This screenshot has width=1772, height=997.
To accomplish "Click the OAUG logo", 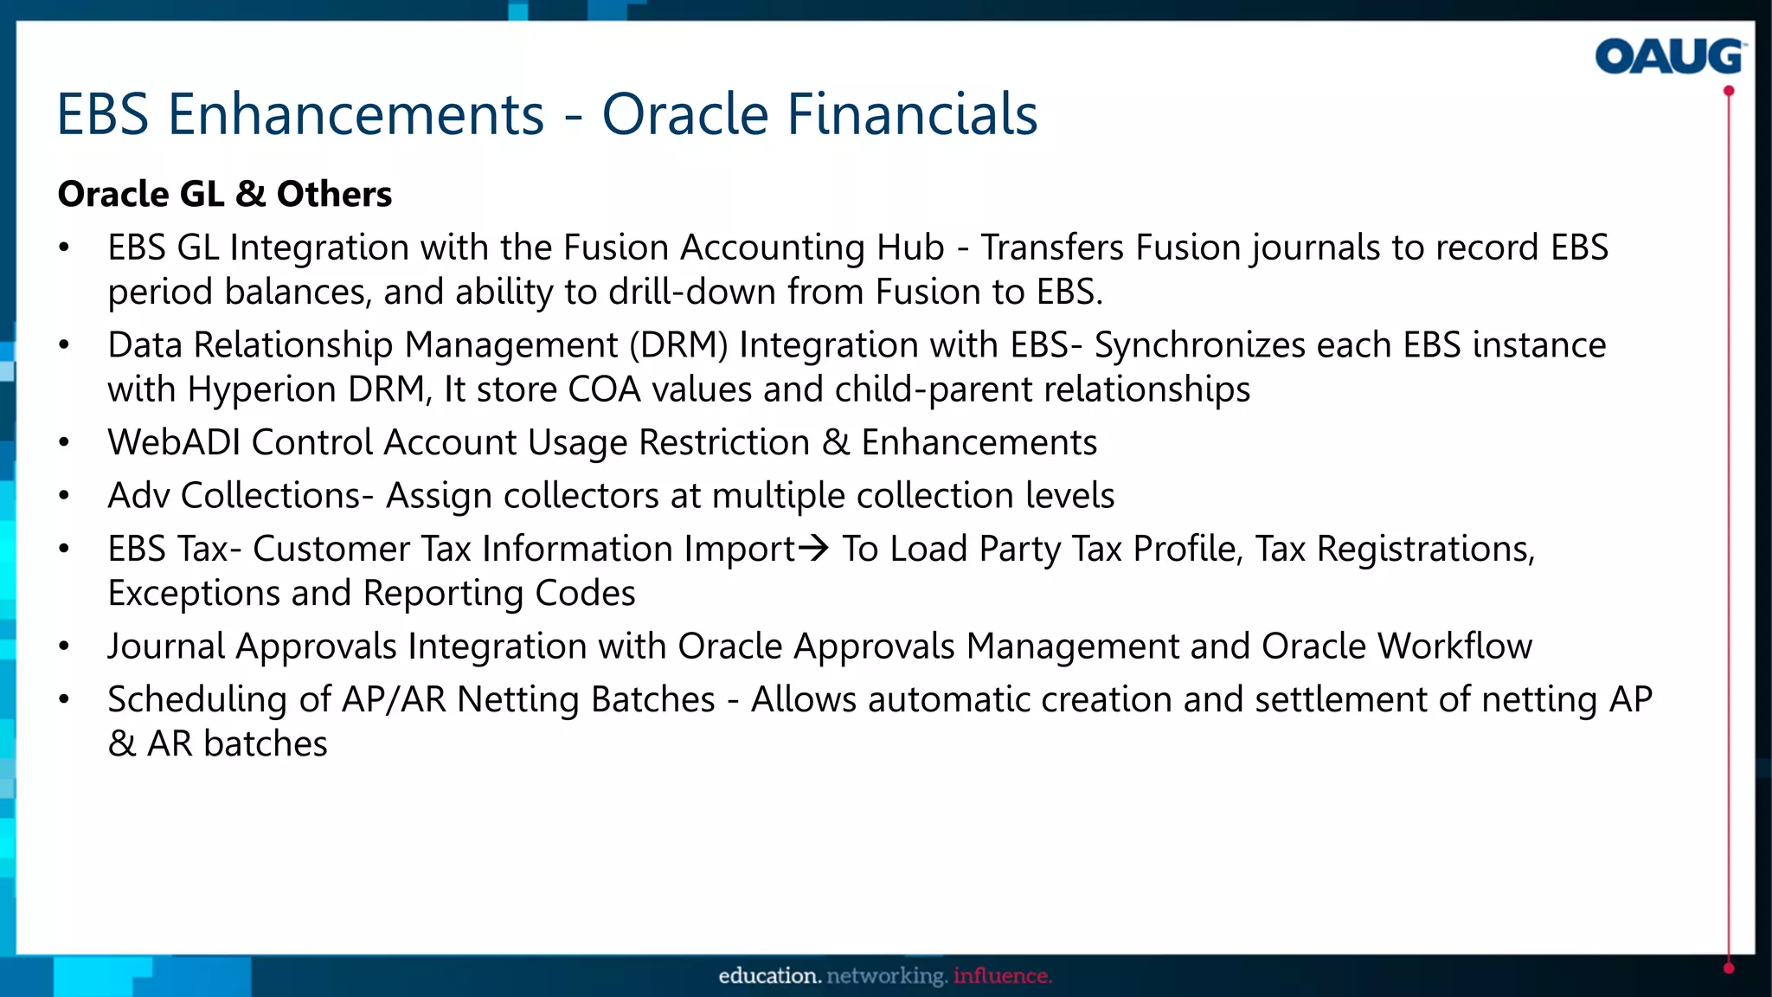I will [x=1669, y=57].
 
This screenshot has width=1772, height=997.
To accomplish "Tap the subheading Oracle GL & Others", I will [x=225, y=194].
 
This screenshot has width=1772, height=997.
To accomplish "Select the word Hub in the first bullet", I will [x=909, y=248].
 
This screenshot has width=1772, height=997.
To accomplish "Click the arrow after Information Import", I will [x=813, y=548].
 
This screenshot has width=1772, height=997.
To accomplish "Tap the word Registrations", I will [x=1425, y=549].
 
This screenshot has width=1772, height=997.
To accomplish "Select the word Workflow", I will [x=1454, y=646].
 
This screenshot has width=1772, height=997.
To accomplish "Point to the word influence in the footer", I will [x=1002, y=976].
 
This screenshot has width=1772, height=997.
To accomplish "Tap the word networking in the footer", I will [x=887, y=976].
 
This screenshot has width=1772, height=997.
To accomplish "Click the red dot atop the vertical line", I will [x=1729, y=91].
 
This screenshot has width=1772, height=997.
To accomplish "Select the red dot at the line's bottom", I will [x=1729, y=968].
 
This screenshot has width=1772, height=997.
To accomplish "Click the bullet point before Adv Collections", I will [x=64, y=496].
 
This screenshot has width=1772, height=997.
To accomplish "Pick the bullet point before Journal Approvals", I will [x=64, y=646].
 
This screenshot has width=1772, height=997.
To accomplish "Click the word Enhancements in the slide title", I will [x=356, y=114].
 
